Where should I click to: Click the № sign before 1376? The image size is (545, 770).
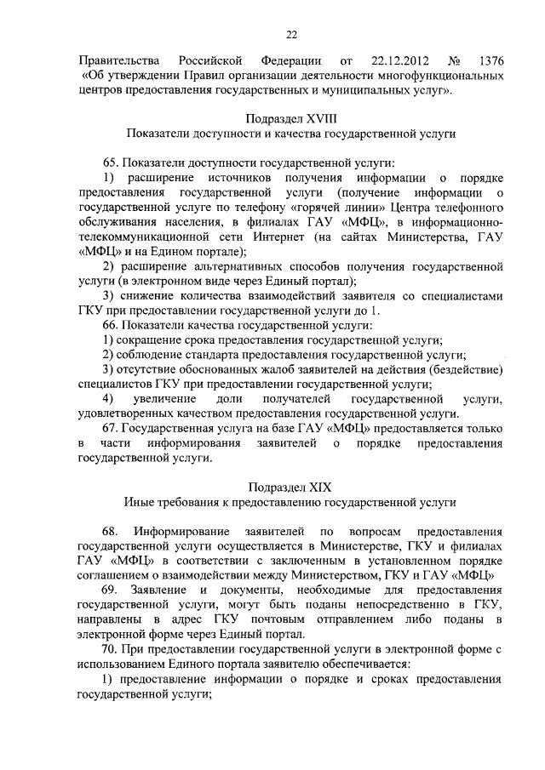pyautogui.click(x=454, y=62)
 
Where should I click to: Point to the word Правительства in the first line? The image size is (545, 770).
pyautogui.click(x=112, y=62)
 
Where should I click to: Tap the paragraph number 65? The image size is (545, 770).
pyautogui.click(x=110, y=163)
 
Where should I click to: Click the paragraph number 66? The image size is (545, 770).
pyautogui.click(x=110, y=326)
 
